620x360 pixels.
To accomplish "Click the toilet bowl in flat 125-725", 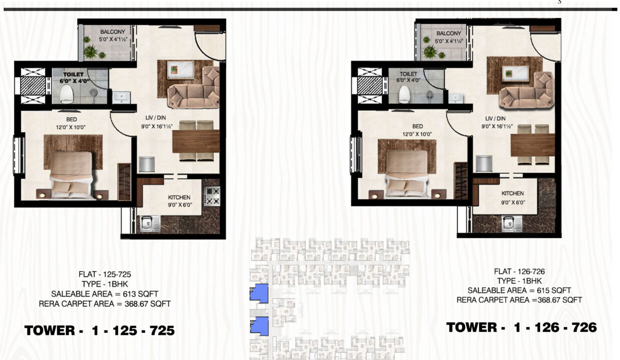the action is tap(66, 94).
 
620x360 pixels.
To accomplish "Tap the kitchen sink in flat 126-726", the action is tap(512, 223).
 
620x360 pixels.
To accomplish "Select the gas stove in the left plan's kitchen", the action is tap(212, 196).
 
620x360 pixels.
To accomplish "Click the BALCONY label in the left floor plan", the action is tap(112, 32).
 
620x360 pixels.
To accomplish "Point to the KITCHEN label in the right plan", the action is tap(512, 193).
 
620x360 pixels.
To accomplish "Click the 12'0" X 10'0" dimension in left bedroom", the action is tap(71, 127).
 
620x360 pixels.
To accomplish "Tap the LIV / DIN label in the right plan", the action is tap(495, 118).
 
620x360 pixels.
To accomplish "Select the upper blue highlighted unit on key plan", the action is tap(259, 293).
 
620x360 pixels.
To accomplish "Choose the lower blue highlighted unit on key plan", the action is tap(259, 326).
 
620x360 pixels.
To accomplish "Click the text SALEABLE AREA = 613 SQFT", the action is tap(104, 294).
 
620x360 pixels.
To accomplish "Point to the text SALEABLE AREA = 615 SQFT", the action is tap(519, 290).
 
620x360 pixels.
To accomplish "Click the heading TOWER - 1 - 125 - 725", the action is tap(99, 330).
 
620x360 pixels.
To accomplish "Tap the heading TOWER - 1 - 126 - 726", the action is tap(521, 327).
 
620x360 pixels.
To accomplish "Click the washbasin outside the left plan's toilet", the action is tap(121, 97).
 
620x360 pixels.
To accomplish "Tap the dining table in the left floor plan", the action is tap(196, 141).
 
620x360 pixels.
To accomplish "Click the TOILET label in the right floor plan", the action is tap(408, 74).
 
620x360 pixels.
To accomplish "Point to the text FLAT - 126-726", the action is tap(519, 271).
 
